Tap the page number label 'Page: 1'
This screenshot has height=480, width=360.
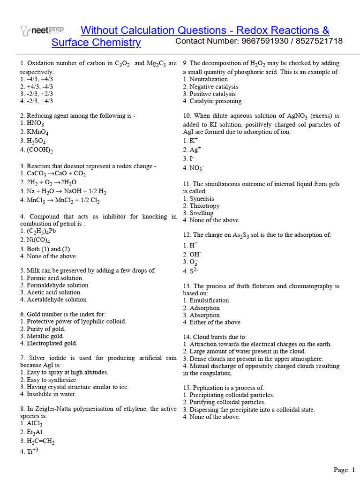click(x=344, y=469)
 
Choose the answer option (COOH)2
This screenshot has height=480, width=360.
click(x=37, y=150)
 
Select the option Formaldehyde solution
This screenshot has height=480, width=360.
click(x=54, y=285)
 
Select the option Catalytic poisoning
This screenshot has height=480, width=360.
click(x=212, y=101)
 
